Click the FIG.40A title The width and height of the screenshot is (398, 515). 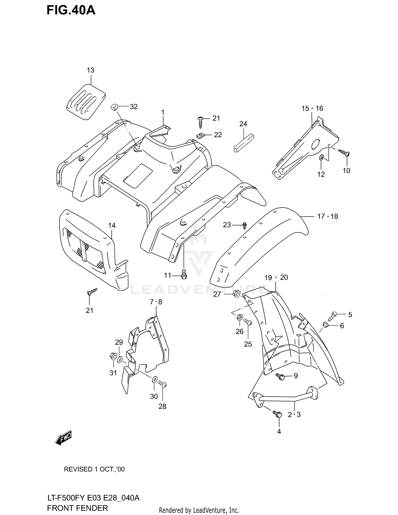[x=71, y=10]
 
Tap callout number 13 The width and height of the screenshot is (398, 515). [x=90, y=70]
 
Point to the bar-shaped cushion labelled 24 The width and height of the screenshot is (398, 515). [x=244, y=143]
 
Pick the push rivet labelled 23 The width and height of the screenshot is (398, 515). [x=244, y=226]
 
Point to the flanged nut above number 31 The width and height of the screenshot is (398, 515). [x=113, y=356]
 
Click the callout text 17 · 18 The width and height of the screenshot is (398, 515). [x=328, y=217]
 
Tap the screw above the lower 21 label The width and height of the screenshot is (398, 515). [x=92, y=292]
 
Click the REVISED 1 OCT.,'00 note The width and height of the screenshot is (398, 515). [x=94, y=469]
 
